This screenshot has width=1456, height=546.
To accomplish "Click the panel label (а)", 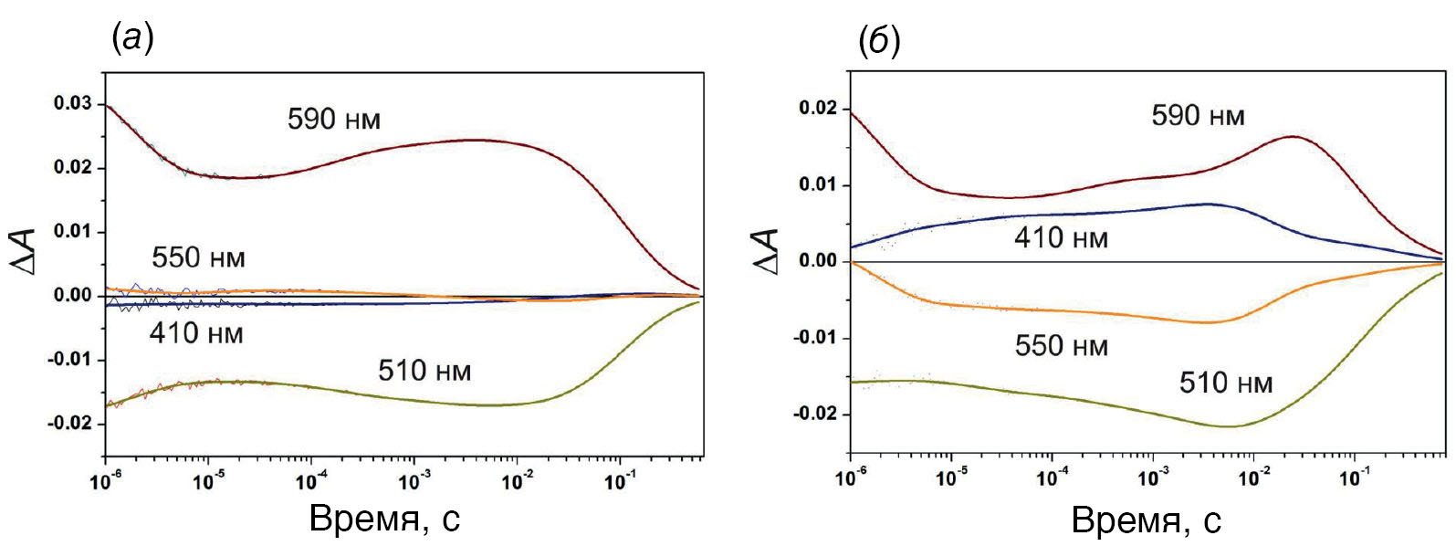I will pyautogui.click(x=131, y=37).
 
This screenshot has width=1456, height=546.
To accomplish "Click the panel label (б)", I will pyautogui.click(x=880, y=41).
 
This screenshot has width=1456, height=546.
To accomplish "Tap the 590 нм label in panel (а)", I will pyautogui.click(x=333, y=120).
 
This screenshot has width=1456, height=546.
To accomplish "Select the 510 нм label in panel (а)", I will pyautogui.click(x=424, y=371).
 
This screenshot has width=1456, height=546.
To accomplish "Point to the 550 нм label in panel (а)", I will pyautogui.click(x=198, y=257).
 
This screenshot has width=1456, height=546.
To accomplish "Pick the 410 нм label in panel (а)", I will pyautogui.click(x=196, y=333).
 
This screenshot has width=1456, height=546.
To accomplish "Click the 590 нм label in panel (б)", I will pyautogui.click(x=1198, y=116).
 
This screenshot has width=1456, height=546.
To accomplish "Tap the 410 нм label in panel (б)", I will pyautogui.click(x=1061, y=239).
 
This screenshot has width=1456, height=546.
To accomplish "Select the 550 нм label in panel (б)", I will pyautogui.click(x=1061, y=346).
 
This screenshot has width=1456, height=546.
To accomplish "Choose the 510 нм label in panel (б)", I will pyautogui.click(x=1225, y=383).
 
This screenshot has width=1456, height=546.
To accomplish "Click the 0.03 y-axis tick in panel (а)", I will pyautogui.click(x=74, y=104).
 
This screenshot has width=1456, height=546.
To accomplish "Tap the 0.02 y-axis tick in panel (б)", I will pyautogui.click(x=818, y=109).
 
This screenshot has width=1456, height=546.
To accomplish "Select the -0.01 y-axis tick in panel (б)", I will pyautogui.click(x=815, y=339).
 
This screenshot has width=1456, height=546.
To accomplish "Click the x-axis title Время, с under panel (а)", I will pyautogui.click(x=384, y=519).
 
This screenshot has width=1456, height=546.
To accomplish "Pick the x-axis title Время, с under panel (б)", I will pyautogui.click(x=1146, y=521).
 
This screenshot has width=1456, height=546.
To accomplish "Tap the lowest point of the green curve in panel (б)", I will pyautogui.click(x=1231, y=426).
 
